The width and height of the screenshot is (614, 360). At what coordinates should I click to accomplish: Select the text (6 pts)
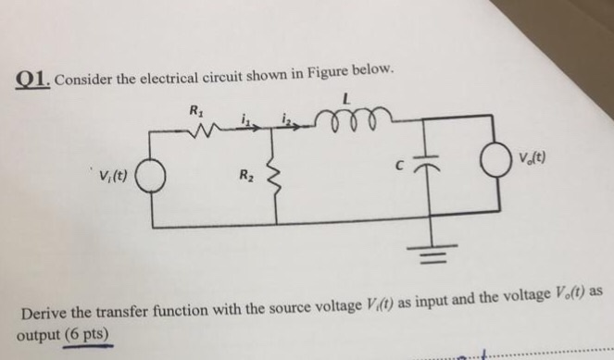88,334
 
